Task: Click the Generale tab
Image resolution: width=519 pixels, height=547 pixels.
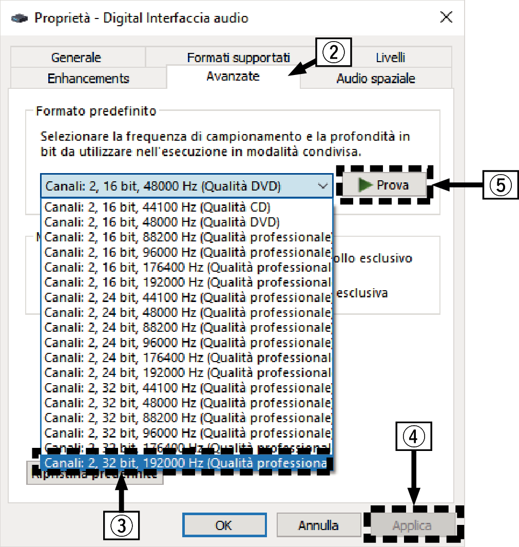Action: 76,58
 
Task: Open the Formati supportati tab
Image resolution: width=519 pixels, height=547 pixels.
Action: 238,58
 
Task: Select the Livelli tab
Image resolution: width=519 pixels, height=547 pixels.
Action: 390,58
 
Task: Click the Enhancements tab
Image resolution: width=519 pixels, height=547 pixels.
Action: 88,79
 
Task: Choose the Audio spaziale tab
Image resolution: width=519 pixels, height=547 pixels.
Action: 375,79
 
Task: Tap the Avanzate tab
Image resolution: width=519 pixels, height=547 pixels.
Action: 233,77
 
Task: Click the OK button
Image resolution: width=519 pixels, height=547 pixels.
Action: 223,525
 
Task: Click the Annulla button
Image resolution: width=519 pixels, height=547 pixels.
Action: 318,525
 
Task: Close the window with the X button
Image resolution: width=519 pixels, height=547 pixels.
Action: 446,18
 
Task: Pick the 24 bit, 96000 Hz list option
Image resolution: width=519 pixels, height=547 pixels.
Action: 186,343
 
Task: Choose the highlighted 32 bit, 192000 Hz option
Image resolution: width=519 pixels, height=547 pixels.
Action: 186,463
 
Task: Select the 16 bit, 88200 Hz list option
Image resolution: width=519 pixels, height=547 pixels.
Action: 186,237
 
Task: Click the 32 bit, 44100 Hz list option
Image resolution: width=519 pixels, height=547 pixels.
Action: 186,388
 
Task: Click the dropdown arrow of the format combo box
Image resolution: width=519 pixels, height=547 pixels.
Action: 322,186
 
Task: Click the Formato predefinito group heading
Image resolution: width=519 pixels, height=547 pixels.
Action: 96,110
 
